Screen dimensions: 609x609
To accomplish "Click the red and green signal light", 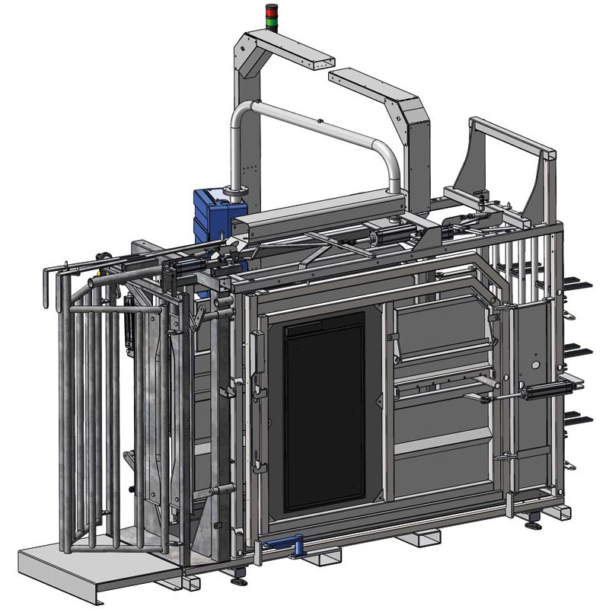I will click(272, 13).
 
